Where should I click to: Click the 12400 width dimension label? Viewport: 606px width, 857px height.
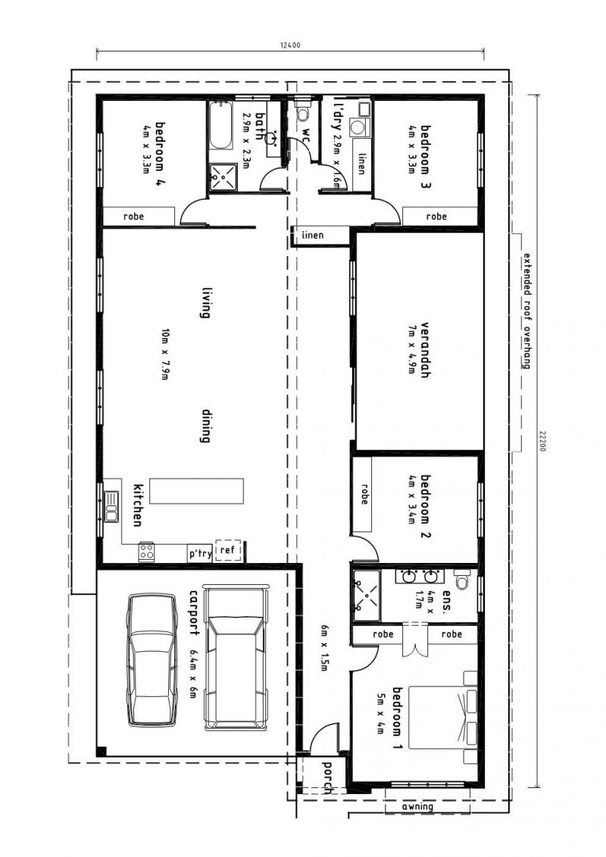(290, 45)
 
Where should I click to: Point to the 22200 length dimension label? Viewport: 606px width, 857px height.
(542, 441)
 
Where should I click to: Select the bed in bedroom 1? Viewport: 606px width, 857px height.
(442, 717)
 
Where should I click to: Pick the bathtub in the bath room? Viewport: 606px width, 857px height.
(220, 125)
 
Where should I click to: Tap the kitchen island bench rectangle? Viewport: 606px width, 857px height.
(197, 491)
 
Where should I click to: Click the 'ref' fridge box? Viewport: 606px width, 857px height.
(226, 550)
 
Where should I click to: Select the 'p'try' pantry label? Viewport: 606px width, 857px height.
(200, 554)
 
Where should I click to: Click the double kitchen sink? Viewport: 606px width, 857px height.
(111, 507)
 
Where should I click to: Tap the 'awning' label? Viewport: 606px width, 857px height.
(417, 806)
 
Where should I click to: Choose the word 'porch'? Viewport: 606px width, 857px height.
(327, 777)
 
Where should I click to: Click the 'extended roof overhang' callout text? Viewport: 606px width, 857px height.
(526, 311)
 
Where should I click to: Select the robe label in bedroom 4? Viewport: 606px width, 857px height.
(134, 217)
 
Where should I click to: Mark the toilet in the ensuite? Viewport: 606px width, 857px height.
(462, 580)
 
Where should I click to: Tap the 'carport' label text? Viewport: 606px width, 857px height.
(193, 611)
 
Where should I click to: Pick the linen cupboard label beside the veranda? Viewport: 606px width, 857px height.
(313, 236)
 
